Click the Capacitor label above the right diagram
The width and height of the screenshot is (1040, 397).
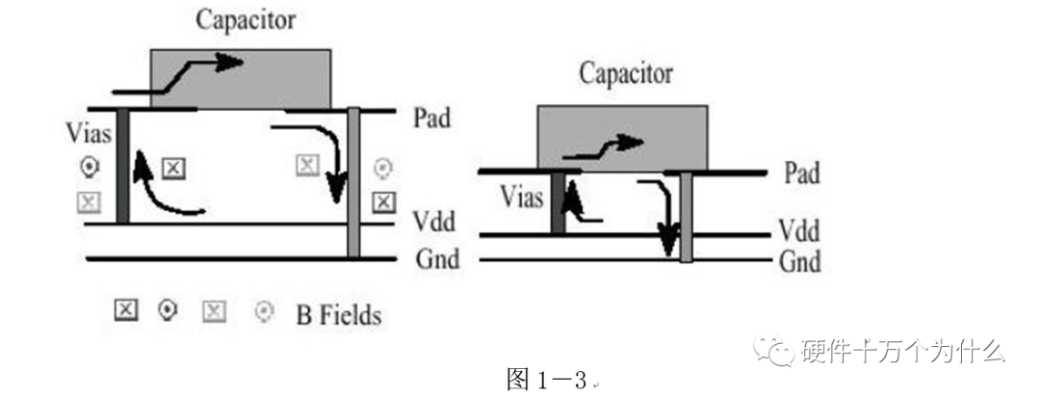tap(625, 73)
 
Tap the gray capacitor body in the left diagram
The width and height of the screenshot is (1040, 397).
tap(241, 79)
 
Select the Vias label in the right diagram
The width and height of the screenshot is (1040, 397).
tap(522, 198)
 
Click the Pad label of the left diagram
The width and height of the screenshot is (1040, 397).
tap(434, 118)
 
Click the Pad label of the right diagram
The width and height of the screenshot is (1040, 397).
tap(802, 173)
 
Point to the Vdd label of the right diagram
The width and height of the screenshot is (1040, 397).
tap(801, 232)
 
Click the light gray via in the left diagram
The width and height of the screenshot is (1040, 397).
tap(353, 183)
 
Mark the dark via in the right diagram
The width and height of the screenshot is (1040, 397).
tap(558, 203)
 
